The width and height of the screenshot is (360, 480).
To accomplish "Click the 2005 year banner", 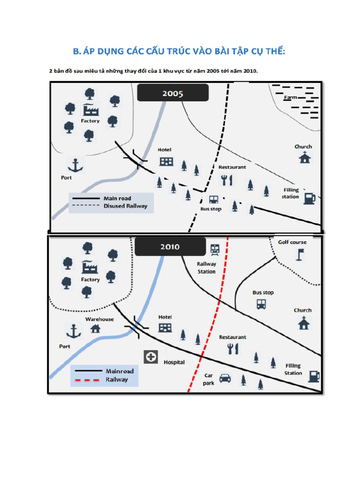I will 173,93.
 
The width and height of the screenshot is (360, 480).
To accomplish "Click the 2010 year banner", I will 170,247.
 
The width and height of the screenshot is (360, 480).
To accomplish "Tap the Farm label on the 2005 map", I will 291,97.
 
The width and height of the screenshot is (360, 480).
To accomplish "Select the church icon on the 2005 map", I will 305,157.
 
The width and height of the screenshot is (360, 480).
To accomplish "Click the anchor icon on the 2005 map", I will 75,165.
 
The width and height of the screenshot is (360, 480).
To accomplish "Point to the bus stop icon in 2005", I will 214,200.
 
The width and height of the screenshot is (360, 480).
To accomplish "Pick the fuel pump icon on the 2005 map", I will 309,198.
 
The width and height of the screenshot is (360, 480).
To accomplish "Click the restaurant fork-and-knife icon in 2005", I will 227,180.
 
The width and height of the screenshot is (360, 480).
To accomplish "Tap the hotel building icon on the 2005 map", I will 166,162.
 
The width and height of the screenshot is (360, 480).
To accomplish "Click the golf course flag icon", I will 299,255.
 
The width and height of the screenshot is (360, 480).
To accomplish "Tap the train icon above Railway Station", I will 215,249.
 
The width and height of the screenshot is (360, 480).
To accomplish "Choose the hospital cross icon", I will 151,357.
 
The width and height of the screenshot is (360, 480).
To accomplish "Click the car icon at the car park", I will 225,377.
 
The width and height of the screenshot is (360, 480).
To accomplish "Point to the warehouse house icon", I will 95,329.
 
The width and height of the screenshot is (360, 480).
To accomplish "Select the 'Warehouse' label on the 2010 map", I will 99,319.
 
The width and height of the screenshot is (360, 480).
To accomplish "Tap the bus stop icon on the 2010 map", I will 261,304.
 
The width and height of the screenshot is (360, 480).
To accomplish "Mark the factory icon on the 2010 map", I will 90,267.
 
